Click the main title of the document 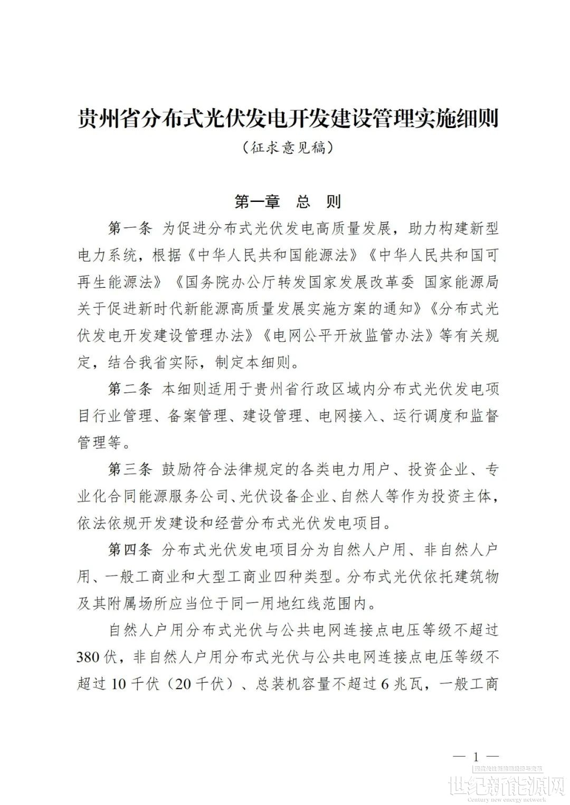[288, 119]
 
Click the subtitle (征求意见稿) [288, 148]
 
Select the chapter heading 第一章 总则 [288, 201]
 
